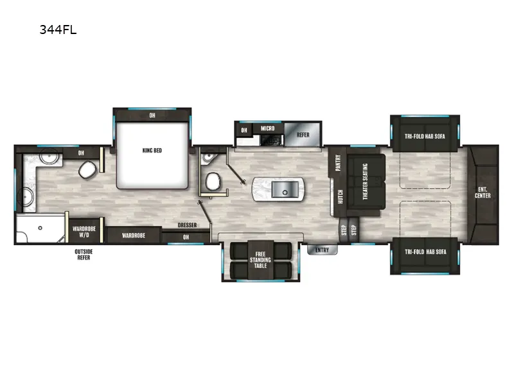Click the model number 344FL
[58, 29]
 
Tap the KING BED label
[152, 151]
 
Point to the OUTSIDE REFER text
[82, 254]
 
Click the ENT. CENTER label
[483, 192]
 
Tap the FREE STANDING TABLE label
[260, 259]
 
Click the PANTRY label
[338, 164]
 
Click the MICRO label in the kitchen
[267, 129]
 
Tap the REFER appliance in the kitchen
[302, 135]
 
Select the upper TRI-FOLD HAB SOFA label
[425, 136]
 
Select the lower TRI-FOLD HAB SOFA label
[425, 252]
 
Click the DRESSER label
[187, 225]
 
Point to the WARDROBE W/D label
[84, 231]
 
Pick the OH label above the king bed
[152, 116]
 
